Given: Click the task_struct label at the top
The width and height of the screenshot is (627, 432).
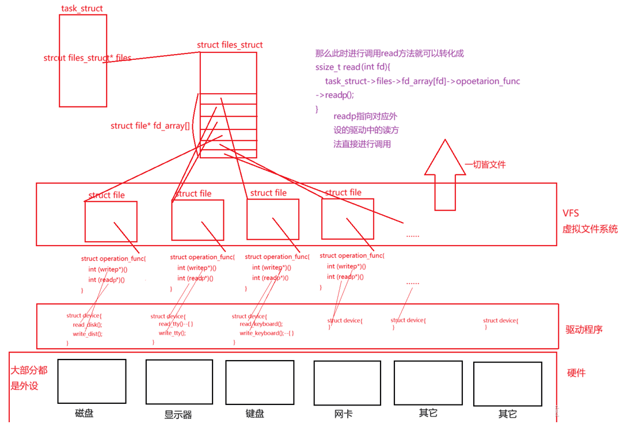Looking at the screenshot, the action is click(x=82, y=8).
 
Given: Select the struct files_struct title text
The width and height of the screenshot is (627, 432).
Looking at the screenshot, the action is click(x=230, y=45).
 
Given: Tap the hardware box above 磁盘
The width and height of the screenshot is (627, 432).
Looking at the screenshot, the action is click(x=92, y=381).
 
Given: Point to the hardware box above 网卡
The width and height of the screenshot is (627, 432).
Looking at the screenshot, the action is click(x=347, y=383).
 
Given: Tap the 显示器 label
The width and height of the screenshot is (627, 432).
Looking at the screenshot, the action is click(x=178, y=415).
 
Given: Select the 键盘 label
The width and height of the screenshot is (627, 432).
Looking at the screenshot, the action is click(x=254, y=413).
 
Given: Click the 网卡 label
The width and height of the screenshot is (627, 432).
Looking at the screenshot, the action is click(x=343, y=414).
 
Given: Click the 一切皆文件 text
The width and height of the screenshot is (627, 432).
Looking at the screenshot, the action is click(x=485, y=165).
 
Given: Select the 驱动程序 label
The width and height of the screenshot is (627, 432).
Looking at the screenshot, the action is click(x=584, y=330).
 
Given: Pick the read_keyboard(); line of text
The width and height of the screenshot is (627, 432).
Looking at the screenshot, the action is click(x=261, y=324).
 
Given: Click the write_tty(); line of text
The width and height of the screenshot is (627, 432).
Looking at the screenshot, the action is click(x=172, y=332).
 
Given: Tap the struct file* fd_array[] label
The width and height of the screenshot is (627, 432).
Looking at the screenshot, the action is click(x=150, y=126).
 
